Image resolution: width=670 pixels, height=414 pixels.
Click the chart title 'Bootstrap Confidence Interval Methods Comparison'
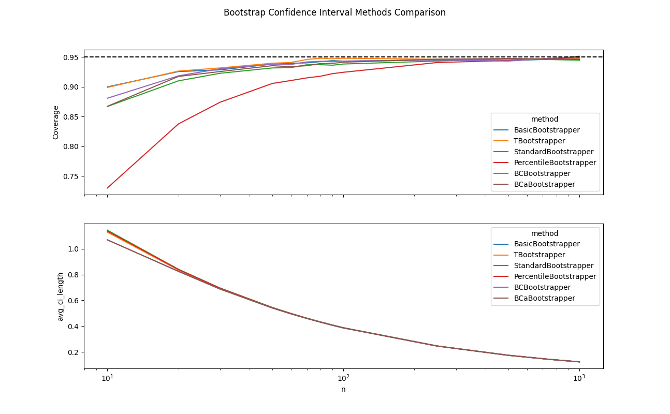point(334,12)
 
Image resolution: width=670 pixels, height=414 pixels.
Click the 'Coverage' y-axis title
point(56,122)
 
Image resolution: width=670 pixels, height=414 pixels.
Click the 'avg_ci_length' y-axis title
point(61,297)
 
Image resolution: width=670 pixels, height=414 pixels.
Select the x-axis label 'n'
point(343,389)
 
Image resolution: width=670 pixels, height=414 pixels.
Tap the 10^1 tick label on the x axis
point(107,378)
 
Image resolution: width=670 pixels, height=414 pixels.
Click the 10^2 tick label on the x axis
point(343,378)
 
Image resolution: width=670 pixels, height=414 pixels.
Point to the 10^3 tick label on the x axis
point(579,378)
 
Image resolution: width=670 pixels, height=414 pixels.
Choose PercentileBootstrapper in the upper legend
point(555,162)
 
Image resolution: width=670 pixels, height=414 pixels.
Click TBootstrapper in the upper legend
point(539,141)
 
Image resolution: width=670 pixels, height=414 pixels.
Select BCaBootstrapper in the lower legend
point(544,298)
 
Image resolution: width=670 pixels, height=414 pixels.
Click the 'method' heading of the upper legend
point(545,119)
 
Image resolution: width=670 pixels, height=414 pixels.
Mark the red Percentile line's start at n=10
point(107,188)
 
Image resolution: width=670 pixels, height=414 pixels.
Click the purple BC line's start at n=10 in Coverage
point(107,98)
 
